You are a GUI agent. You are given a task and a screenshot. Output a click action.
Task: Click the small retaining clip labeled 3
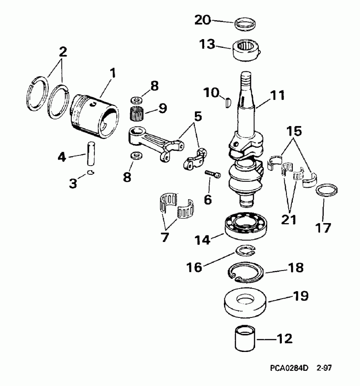91,173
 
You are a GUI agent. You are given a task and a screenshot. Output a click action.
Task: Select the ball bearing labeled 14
245,227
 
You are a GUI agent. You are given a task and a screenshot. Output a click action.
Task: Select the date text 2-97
324,368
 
